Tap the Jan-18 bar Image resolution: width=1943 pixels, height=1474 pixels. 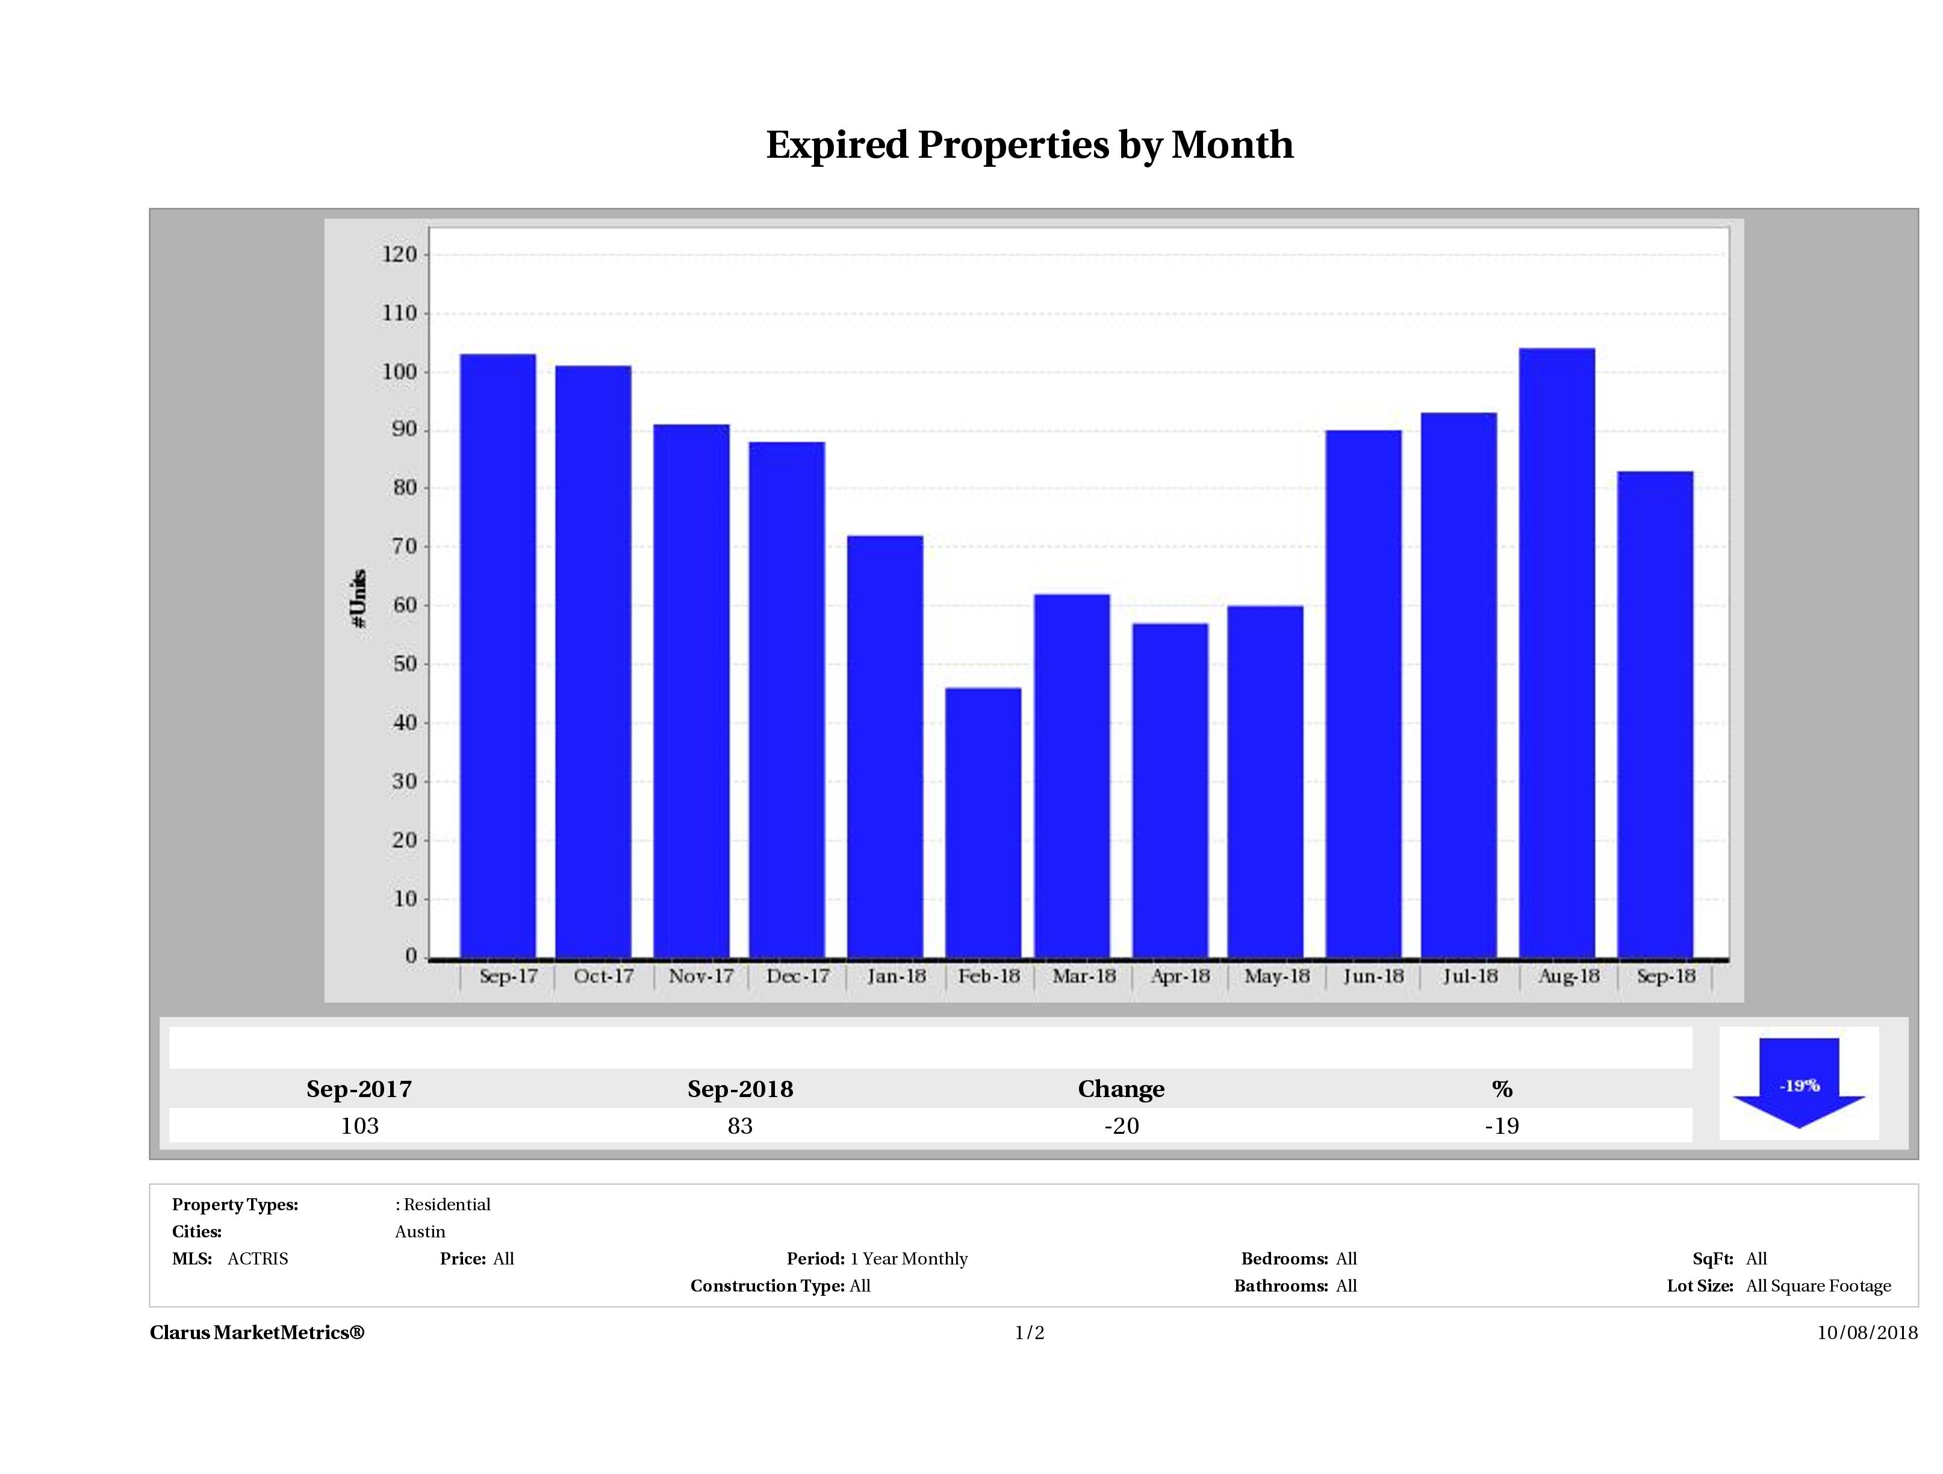[884, 747]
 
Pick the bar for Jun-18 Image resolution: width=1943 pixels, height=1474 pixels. [1363, 694]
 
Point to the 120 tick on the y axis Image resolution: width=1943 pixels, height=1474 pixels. [400, 255]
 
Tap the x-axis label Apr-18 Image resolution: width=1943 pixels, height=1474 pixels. [1180, 976]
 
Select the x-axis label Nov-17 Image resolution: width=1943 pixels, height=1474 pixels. [700, 976]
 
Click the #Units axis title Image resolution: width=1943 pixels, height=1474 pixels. [358, 598]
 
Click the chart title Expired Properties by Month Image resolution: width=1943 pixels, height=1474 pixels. [1030, 145]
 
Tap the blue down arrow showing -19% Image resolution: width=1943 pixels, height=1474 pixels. [1798, 1084]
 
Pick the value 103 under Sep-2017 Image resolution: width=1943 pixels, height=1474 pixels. [359, 1125]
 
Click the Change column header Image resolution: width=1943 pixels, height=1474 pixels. [1121, 1089]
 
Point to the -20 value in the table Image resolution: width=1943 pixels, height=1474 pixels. [1121, 1125]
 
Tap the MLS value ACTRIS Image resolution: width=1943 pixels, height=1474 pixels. [257, 1259]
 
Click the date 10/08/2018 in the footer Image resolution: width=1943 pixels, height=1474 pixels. [1867, 1333]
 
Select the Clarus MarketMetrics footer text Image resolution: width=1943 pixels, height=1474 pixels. [256, 1333]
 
